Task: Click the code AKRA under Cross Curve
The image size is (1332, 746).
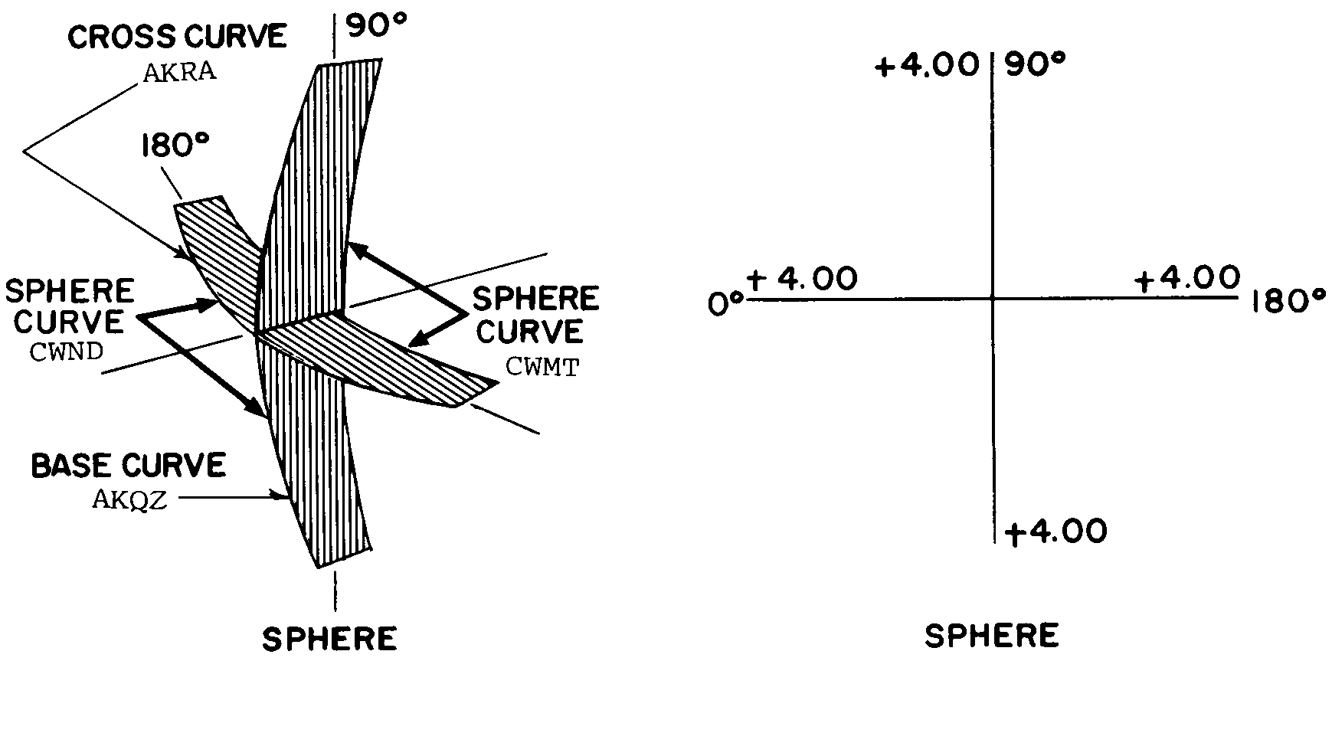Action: [179, 72]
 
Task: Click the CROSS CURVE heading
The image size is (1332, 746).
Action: [177, 37]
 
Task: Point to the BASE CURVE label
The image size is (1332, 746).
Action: [129, 466]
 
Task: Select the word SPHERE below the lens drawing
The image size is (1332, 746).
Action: [329, 639]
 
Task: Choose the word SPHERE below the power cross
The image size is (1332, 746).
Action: [992, 636]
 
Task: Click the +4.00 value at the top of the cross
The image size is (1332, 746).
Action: [927, 66]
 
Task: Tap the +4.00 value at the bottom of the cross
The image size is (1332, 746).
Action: [1056, 532]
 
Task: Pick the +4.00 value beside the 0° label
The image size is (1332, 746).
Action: [802, 279]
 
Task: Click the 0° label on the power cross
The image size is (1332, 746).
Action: [725, 303]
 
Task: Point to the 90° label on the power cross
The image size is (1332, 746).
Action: [1035, 66]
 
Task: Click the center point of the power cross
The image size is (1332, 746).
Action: [992, 297]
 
